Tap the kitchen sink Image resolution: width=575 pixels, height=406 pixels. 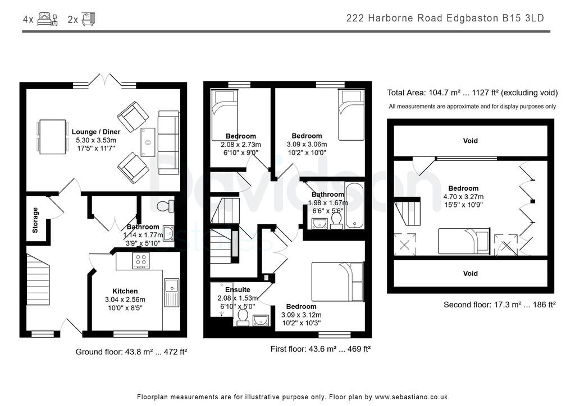pos(171,292)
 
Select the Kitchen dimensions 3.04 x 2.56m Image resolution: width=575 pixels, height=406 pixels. pos(125,299)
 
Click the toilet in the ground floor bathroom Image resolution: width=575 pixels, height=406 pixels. pos(163,206)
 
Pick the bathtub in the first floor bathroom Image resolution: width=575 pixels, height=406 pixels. pos(354,205)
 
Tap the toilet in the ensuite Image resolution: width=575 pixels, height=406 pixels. pos(243,317)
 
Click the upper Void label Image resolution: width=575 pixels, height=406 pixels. pos(471,141)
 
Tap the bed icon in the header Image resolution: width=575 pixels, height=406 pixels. pos(47,19)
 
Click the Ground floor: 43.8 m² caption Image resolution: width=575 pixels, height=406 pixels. pos(131,352)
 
